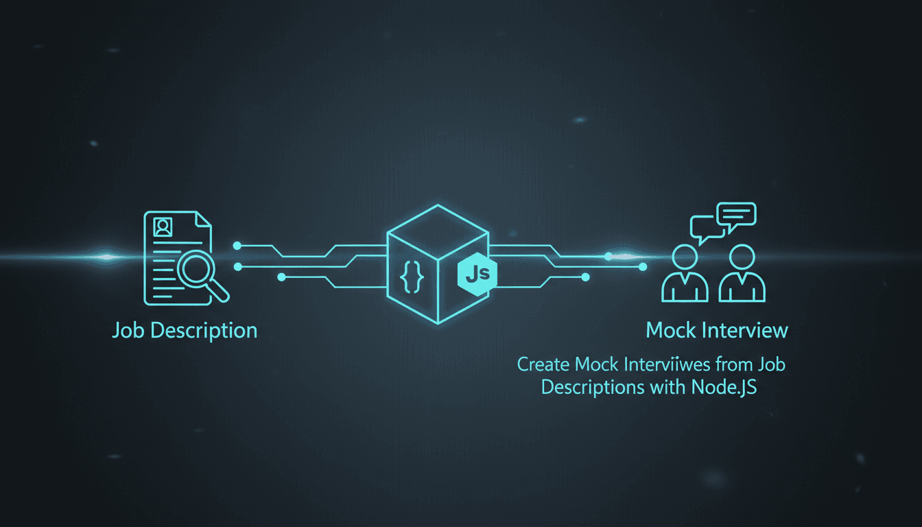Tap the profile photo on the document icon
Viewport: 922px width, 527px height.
[163, 227]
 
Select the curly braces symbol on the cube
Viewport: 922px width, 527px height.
[412, 277]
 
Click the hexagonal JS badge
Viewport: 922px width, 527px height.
[477, 274]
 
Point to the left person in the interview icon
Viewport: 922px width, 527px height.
[685, 273]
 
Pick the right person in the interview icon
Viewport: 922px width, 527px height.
[742, 273]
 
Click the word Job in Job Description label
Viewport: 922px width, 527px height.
[128, 331]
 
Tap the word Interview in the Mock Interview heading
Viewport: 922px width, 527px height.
[745, 330]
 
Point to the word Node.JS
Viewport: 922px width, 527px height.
[724, 388]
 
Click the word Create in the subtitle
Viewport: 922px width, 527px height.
[543, 364]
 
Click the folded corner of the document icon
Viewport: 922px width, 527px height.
[203, 219]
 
